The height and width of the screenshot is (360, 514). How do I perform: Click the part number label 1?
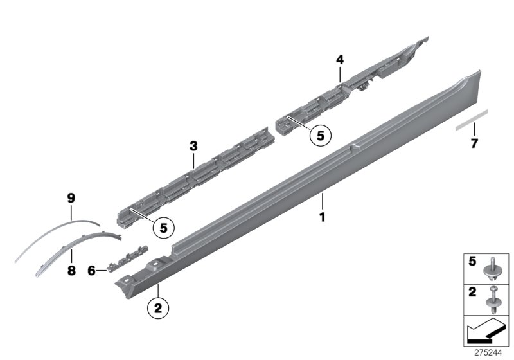click(323, 217)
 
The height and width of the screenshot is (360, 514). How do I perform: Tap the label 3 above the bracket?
click(193, 147)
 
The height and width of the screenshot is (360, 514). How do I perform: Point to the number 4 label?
click(339, 60)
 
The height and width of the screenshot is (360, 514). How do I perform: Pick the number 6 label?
click(92, 271)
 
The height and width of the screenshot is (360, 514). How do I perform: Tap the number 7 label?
click(475, 143)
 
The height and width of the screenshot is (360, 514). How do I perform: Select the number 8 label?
click(71, 271)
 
